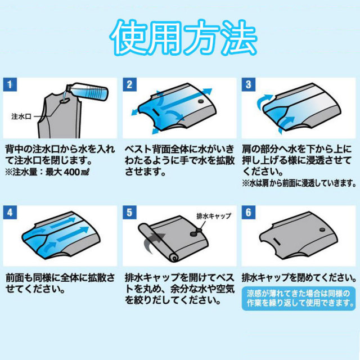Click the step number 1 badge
pos(10,84)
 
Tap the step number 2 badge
pos(129,84)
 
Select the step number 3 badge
pos(249,84)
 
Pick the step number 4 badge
pos(10,213)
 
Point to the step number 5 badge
pos(129,213)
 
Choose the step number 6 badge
pos(249,213)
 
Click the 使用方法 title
pos(183,38)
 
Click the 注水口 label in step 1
pos(21,116)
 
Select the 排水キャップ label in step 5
pos(214,216)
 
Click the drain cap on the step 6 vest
pos(322,229)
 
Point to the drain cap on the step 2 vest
pos(201,101)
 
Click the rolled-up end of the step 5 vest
pos(174,258)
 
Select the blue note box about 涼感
pos(299,298)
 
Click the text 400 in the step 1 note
pos(71,172)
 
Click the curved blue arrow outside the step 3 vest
pos(264,101)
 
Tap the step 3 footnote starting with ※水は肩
pos(299,183)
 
